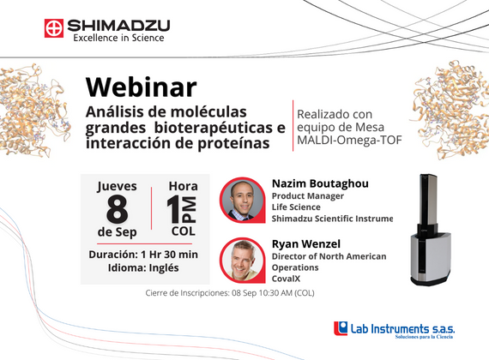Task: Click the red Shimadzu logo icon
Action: (54, 28)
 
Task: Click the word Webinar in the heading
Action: (141, 87)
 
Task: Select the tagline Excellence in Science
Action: (119, 38)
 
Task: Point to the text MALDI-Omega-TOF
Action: (349, 141)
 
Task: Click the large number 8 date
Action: (117, 210)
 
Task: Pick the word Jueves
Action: (117, 186)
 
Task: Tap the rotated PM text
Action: (190, 209)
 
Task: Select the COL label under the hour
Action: (184, 231)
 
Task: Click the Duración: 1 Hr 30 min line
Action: (143, 255)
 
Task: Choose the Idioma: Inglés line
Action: (143, 267)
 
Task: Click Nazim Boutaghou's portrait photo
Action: (242, 200)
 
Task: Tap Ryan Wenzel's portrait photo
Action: (242, 260)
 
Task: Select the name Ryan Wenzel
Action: (306, 244)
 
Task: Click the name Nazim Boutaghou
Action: (320, 183)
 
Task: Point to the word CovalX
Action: (286, 279)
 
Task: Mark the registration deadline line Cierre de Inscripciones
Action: (230, 293)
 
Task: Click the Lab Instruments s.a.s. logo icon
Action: (341, 328)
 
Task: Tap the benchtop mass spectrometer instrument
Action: (430, 230)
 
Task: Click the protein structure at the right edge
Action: (450, 110)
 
